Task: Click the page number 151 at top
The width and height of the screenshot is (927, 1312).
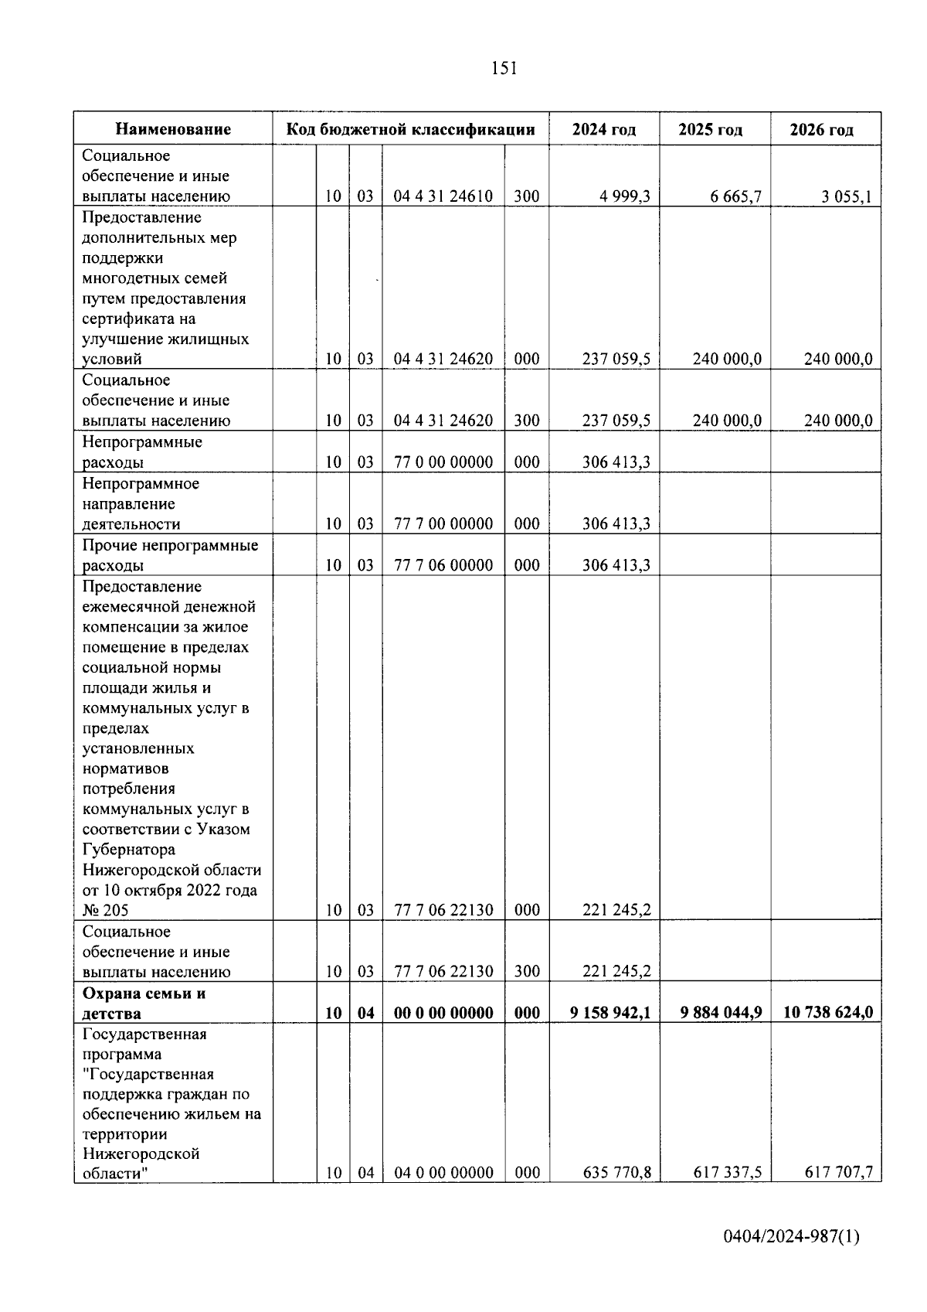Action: (x=504, y=69)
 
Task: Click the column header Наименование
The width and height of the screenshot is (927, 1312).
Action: (x=174, y=129)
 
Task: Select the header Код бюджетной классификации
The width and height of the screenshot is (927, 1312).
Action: (x=411, y=129)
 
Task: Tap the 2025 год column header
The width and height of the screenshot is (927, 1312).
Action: (x=711, y=129)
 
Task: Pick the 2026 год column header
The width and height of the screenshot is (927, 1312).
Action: (x=822, y=129)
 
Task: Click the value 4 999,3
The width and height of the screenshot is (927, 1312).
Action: (x=625, y=196)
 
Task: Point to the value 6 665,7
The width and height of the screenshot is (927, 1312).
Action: (x=736, y=196)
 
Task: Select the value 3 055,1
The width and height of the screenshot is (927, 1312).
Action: (x=847, y=196)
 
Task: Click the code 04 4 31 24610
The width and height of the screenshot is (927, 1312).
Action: (x=443, y=196)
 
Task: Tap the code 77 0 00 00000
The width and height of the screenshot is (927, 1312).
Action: (x=443, y=462)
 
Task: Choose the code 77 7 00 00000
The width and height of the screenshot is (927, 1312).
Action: (x=443, y=524)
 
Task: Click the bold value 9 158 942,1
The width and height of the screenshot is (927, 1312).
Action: (x=610, y=1013)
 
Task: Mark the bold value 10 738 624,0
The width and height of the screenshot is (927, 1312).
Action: (x=828, y=1013)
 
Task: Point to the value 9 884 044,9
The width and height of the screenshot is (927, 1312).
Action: (x=722, y=1013)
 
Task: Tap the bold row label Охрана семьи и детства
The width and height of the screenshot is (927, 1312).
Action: (x=144, y=1003)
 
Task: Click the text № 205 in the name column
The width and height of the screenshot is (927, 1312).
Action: (x=106, y=910)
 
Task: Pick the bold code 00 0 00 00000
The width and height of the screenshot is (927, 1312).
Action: (x=443, y=1013)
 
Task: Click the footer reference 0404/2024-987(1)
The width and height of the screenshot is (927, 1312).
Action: (x=791, y=1238)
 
